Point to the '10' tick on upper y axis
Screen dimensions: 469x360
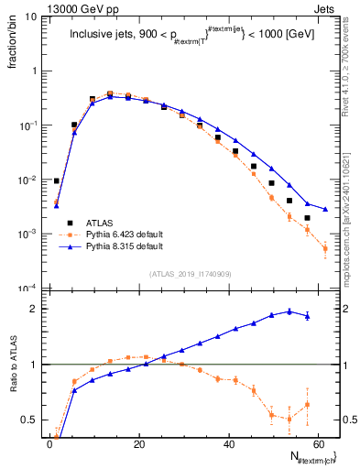pyautogui.click(x=28, y=16)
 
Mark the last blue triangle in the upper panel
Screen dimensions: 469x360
pyautogui.click(x=325, y=209)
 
